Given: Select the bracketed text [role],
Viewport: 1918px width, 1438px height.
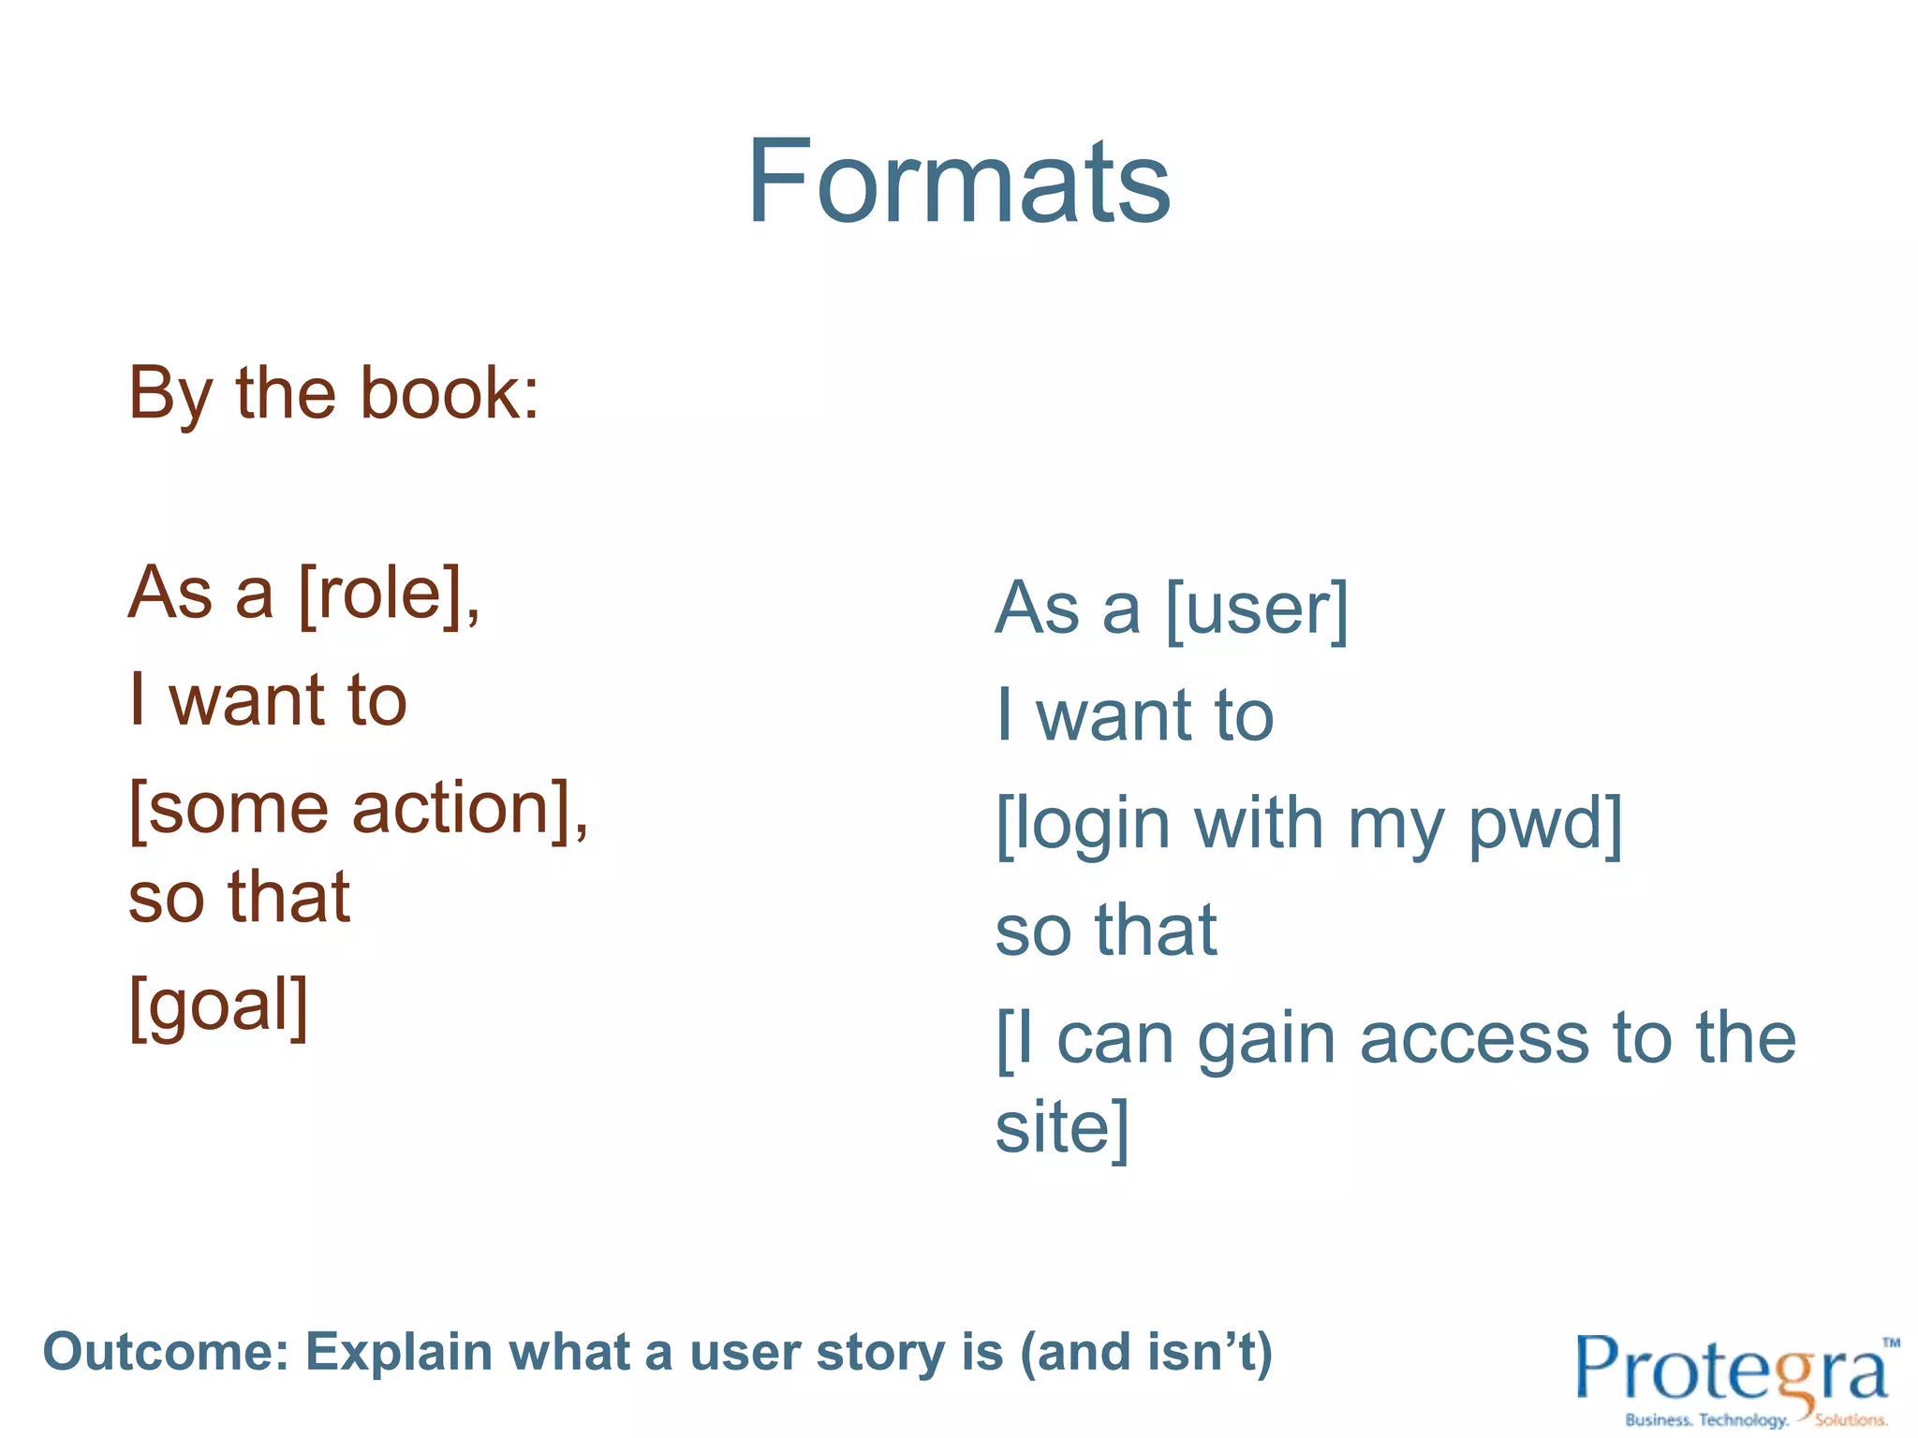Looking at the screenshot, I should tap(389, 594).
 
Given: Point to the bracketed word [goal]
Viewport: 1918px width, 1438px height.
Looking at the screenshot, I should tap(218, 1005).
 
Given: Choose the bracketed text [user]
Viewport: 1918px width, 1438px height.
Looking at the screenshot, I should tap(1257, 609).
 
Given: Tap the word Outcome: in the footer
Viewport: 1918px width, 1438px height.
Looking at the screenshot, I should tap(165, 1353).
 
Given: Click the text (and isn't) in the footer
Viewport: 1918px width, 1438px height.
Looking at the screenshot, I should tap(1146, 1354).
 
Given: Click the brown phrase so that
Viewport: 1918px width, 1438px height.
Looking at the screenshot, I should tap(239, 897).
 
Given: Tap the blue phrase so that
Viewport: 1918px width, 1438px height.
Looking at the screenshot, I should tap(1105, 931).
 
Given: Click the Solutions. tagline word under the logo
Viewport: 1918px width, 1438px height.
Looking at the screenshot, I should tap(1851, 1420).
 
